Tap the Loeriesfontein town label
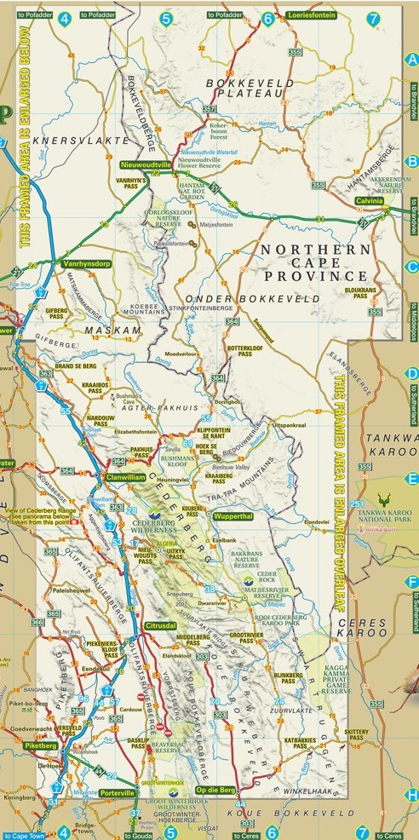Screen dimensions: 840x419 click(x=313, y=16)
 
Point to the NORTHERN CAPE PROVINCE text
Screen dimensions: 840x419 click(x=313, y=262)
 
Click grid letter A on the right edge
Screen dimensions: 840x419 click(x=411, y=59)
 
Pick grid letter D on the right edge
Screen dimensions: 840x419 click(x=411, y=373)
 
